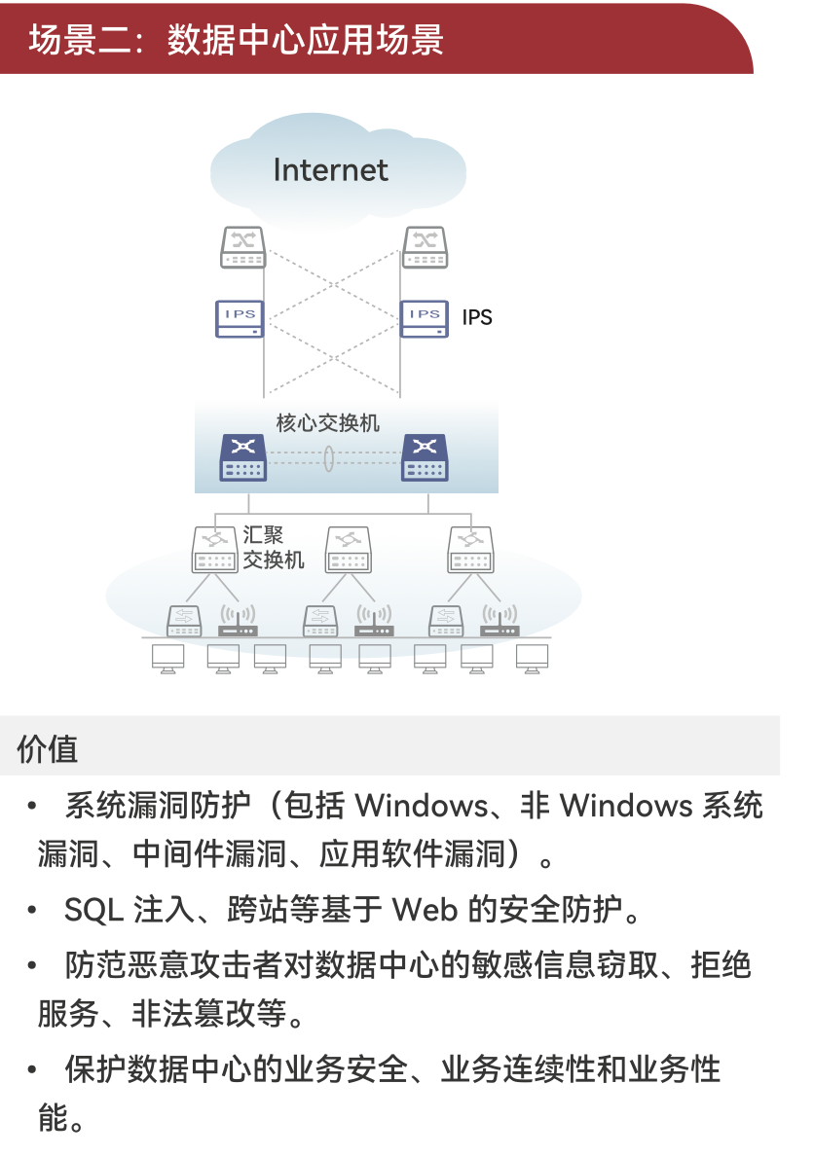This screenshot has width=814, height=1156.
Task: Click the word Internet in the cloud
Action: pyautogui.click(x=330, y=170)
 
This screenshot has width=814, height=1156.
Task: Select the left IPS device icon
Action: pyautogui.click(x=240, y=318)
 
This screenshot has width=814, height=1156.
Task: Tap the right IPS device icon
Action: pyautogui.click(x=425, y=318)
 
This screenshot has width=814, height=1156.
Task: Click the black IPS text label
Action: pyautogui.click(x=477, y=318)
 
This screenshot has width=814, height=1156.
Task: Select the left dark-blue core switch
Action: pyautogui.click(x=242, y=457)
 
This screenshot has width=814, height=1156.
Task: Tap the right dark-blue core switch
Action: pyautogui.click(x=425, y=457)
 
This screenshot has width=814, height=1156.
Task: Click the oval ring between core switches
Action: pyautogui.click(x=329, y=456)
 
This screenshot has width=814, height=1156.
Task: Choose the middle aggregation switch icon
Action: pyautogui.click(x=348, y=550)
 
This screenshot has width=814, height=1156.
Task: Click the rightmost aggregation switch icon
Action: pyautogui.click(x=471, y=550)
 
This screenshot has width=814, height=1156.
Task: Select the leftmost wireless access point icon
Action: pyautogui.click(x=237, y=621)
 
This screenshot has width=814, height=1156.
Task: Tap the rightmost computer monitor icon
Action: pyautogui.click(x=532, y=658)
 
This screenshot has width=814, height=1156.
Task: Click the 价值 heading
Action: pyautogui.click(x=47, y=748)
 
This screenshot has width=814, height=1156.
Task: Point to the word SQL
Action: pyautogui.click(x=93, y=910)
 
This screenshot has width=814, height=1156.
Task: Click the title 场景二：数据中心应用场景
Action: pyautogui.click(x=236, y=40)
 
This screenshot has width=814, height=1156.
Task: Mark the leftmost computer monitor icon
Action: pyautogui.click(x=168, y=658)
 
